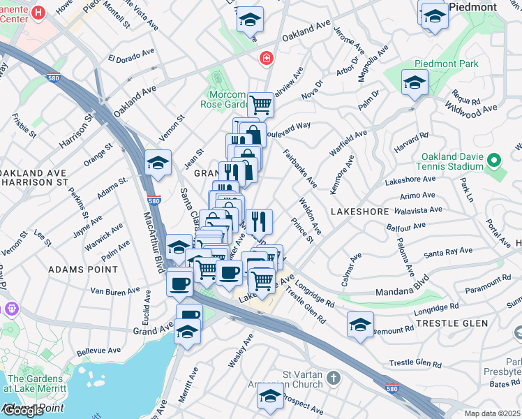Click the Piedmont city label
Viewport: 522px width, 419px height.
click(472, 7)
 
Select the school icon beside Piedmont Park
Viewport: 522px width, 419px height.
click(415, 82)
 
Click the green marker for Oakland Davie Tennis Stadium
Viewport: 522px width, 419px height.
click(495, 161)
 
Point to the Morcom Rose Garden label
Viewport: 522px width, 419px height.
click(228, 100)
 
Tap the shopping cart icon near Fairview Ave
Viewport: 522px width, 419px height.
click(260, 105)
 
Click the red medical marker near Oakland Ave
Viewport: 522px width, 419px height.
click(265, 58)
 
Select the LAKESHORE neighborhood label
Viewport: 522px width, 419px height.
click(358, 210)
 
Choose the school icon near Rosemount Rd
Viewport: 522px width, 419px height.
click(360, 325)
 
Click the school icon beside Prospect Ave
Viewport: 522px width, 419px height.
click(270, 395)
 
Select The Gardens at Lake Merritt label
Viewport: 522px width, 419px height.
click(36, 384)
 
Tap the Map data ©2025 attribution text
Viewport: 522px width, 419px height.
click(493, 413)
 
